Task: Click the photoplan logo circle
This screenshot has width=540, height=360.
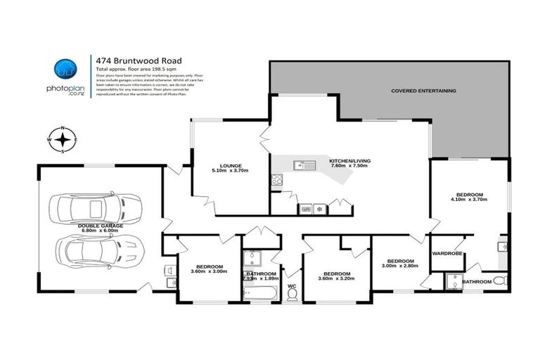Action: [64, 69]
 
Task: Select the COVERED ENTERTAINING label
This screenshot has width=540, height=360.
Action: [424, 91]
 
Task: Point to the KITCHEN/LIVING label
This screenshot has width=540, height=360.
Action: [355, 161]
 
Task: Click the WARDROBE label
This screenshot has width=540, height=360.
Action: [446, 253]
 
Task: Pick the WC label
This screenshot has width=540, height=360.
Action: [292, 285]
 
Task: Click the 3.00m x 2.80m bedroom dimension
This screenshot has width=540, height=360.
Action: [399, 266]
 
